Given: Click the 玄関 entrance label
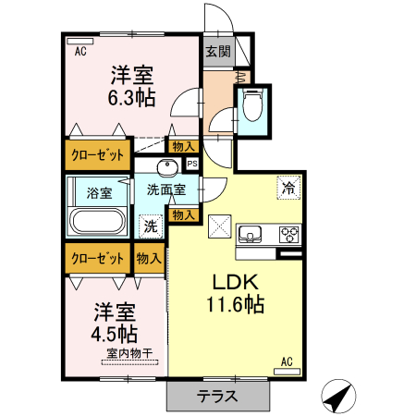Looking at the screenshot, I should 217,52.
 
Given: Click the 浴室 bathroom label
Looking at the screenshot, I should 99,193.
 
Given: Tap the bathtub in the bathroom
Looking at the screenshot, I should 97,222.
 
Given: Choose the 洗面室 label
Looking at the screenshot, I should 166,190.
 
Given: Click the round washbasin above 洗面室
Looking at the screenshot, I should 167,167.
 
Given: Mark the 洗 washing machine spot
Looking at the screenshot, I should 148,225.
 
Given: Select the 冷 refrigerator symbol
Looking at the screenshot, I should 289,187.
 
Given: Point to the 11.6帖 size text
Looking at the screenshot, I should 235,304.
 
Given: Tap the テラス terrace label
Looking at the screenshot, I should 217,397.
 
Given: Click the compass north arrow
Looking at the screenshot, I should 338,397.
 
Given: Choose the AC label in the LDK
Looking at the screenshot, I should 287,361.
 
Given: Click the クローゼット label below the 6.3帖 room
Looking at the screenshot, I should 97,154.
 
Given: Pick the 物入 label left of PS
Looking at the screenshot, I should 182,145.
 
